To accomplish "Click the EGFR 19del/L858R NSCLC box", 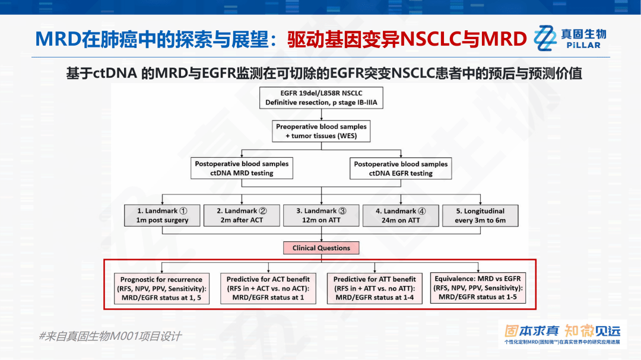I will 321,98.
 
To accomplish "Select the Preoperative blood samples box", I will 321,131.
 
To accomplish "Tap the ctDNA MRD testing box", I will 242,168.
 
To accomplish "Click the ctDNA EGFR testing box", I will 401,168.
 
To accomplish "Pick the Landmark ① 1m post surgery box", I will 162,215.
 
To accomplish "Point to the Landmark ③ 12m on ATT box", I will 321,215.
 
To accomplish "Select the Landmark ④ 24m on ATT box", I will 401,215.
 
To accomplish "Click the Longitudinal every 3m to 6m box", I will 480,215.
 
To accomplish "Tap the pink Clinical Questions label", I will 321,248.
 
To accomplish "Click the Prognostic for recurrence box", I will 161,288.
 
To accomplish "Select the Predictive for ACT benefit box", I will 268,288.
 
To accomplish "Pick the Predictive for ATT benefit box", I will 375,288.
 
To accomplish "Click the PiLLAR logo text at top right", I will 583,45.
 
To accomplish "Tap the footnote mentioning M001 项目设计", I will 110,336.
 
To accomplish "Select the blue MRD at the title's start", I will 58,39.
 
